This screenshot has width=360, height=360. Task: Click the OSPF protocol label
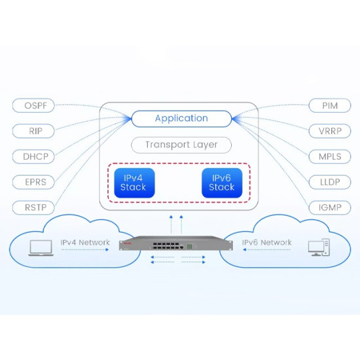[x=33, y=105]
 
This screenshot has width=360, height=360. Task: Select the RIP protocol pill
[x=33, y=131]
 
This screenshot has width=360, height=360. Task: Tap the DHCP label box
[x=33, y=156]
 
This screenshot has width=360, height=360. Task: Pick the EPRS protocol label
[x=33, y=182]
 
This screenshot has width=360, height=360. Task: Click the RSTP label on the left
[x=33, y=207]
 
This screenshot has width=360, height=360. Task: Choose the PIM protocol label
[x=330, y=105]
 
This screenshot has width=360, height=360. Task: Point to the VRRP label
[x=330, y=131]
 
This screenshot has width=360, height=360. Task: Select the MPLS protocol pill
[x=330, y=156]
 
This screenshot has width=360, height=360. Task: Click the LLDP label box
[x=330, y=182]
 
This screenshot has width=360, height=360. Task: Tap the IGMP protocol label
[x=330, y=207]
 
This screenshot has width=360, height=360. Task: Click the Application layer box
[x=181, y=118]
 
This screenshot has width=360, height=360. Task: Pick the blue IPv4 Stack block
[x=133, y=183]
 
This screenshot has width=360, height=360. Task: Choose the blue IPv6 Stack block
[x=221, y=183]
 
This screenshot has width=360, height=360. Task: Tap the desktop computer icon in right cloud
[x=318, y=247]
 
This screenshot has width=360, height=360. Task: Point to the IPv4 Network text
[x=85, y=243]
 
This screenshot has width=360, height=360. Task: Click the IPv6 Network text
[x=267, y=243]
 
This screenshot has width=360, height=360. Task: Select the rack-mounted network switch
[x=176, y=246]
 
